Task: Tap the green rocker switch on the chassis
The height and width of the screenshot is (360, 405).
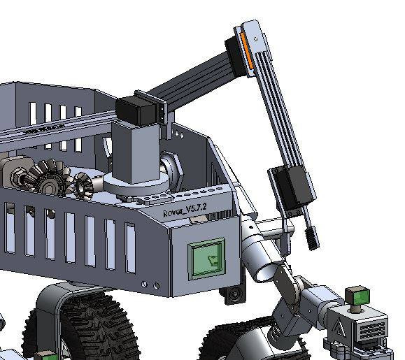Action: (209, 259)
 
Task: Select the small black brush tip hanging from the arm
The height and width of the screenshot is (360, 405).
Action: (311, 238)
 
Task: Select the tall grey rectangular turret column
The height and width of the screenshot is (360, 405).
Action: (133, 150)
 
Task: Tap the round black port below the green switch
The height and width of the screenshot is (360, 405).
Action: (235, 296)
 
